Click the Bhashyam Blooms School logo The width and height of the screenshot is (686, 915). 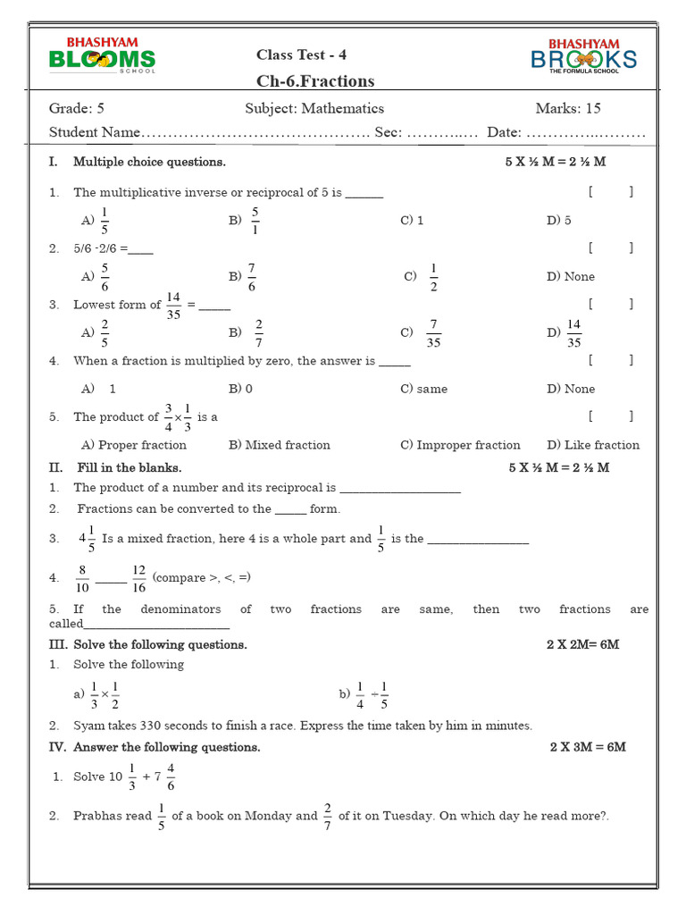tap(102, 55)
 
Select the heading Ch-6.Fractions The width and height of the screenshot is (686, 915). tap(315, 81)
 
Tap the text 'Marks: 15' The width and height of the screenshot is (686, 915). tap(568, 109)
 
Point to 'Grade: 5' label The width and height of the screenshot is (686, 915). tap(77, 109)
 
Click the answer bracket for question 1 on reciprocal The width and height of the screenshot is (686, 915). tap(611, 191)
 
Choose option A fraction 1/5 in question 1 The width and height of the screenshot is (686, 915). tap(104, 220)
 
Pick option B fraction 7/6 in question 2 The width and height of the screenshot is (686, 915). tap(251, 276)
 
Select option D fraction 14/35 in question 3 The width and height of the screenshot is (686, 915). tap(573, 332)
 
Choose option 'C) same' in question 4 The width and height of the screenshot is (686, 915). tap(424, 389)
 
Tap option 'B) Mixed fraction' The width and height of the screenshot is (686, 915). tap(279, 445)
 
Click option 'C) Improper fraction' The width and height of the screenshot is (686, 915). tap(460, 445)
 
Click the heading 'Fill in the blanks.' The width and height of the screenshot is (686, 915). tap(129, 467)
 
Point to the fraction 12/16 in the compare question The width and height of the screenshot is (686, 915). tap(138, 578)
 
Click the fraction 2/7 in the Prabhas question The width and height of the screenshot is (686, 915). tap(328, 816)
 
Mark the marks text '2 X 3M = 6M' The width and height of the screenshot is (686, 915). tap(588, 747)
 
